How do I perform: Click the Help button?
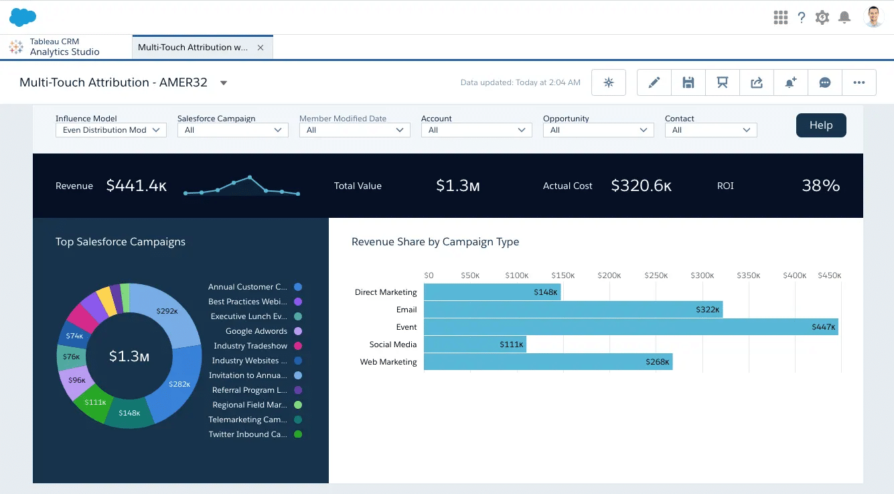click(820, 125)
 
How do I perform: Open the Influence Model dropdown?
click(110, 130)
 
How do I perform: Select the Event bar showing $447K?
click(630, 327)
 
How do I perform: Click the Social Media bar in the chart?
click(474, 345)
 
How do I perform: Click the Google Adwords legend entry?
click(256, 331)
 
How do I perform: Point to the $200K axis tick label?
click(609, 275)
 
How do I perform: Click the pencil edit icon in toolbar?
click(654, 82)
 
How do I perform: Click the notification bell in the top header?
click(844, 17)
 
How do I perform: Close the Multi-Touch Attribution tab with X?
click(260, 48)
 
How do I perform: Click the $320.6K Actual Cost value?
click(641, 186)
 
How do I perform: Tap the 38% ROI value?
click(820, 186)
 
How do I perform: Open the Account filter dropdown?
click(475, 130)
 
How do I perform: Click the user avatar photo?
click(874, 17)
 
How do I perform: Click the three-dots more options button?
click(859, 82)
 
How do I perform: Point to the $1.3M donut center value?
click(129, 356)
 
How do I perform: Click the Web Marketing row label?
click(388, 362)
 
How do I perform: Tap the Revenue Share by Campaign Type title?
click(435, 242)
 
